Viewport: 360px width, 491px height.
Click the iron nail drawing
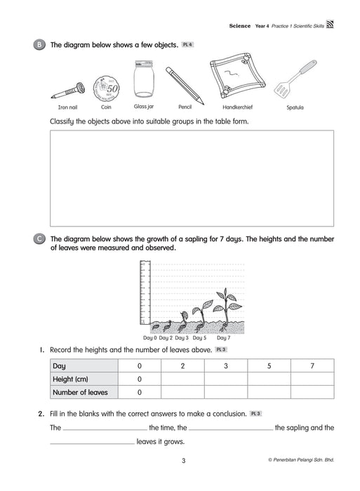pos(68,91)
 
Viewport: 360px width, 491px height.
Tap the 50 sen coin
pos(106,88)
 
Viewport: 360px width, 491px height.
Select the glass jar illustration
pos(144,79)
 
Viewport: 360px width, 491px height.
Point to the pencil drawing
pos(185,86)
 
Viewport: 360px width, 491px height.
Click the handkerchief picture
pos(237,76)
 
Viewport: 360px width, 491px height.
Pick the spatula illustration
pos(295,78)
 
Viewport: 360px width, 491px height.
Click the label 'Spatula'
pos(295,107)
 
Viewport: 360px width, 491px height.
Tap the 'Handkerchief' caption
pos(237,107)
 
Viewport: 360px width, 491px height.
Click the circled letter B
pos(39,45)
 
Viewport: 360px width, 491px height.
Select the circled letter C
pos(39,239)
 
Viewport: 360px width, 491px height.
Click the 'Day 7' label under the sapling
pos(223,338)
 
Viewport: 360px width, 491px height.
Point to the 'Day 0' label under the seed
pos(149,338)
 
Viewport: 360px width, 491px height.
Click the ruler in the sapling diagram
pos(145,292)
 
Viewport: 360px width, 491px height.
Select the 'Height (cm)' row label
pos(70,379)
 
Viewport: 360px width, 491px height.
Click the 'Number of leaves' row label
pos(80,392)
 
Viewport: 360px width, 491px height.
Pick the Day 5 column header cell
pos(269,365)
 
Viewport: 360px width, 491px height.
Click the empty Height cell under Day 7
pos(312,379)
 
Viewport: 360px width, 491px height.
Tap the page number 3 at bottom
pos(184,461)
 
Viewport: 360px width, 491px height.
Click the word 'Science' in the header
pos(240,26)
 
